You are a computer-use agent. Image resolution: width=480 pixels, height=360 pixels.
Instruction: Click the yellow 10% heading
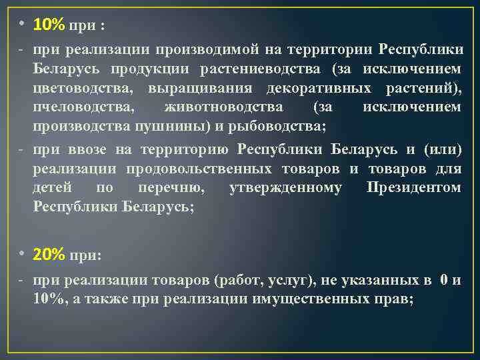tap(48, 25)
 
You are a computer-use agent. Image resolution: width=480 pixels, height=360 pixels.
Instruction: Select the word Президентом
tap(413, 188)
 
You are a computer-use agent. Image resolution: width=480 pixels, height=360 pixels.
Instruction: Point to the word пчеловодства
tap(75, 107)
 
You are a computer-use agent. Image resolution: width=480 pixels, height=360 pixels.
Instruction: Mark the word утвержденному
tap(285, 188)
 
